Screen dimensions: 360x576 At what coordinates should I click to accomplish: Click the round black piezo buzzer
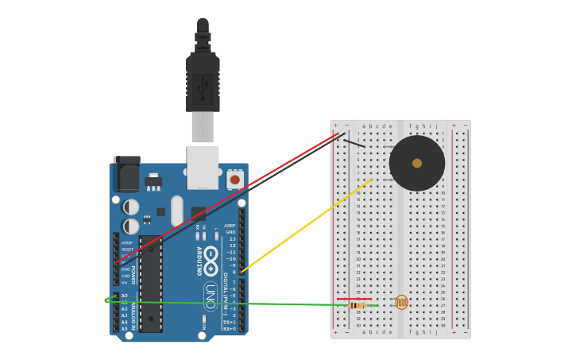[x=405, y=176]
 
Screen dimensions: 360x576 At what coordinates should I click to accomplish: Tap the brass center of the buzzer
[x=417, y=163]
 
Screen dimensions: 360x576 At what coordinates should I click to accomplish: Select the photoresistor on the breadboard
[x=401, y=302]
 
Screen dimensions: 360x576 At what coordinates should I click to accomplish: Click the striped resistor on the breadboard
[x=358, y=305]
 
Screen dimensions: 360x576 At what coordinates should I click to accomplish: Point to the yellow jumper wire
[x=306, y=226]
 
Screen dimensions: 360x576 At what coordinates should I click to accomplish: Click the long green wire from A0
[x=238, y=303]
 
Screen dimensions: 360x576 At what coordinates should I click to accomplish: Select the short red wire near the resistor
[x=354, y=299]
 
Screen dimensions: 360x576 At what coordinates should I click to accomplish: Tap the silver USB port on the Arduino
[x=203, y=167]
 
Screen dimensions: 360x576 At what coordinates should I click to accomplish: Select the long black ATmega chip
[x=151, y=283]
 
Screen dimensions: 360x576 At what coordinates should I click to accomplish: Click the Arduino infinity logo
[x=211, y=256]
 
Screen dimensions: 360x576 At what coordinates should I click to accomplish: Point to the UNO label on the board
[x=211, y=295]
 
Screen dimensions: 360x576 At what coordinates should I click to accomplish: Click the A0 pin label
[x=124, y=296]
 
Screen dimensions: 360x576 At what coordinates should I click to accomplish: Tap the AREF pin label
[x=230, y=225]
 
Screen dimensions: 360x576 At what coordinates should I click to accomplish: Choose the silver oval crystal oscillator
[x=176, y=211]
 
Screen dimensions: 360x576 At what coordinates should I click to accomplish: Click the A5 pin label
[x=124, y=328]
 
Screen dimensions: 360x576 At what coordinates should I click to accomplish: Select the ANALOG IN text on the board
[x=133, y=312]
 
